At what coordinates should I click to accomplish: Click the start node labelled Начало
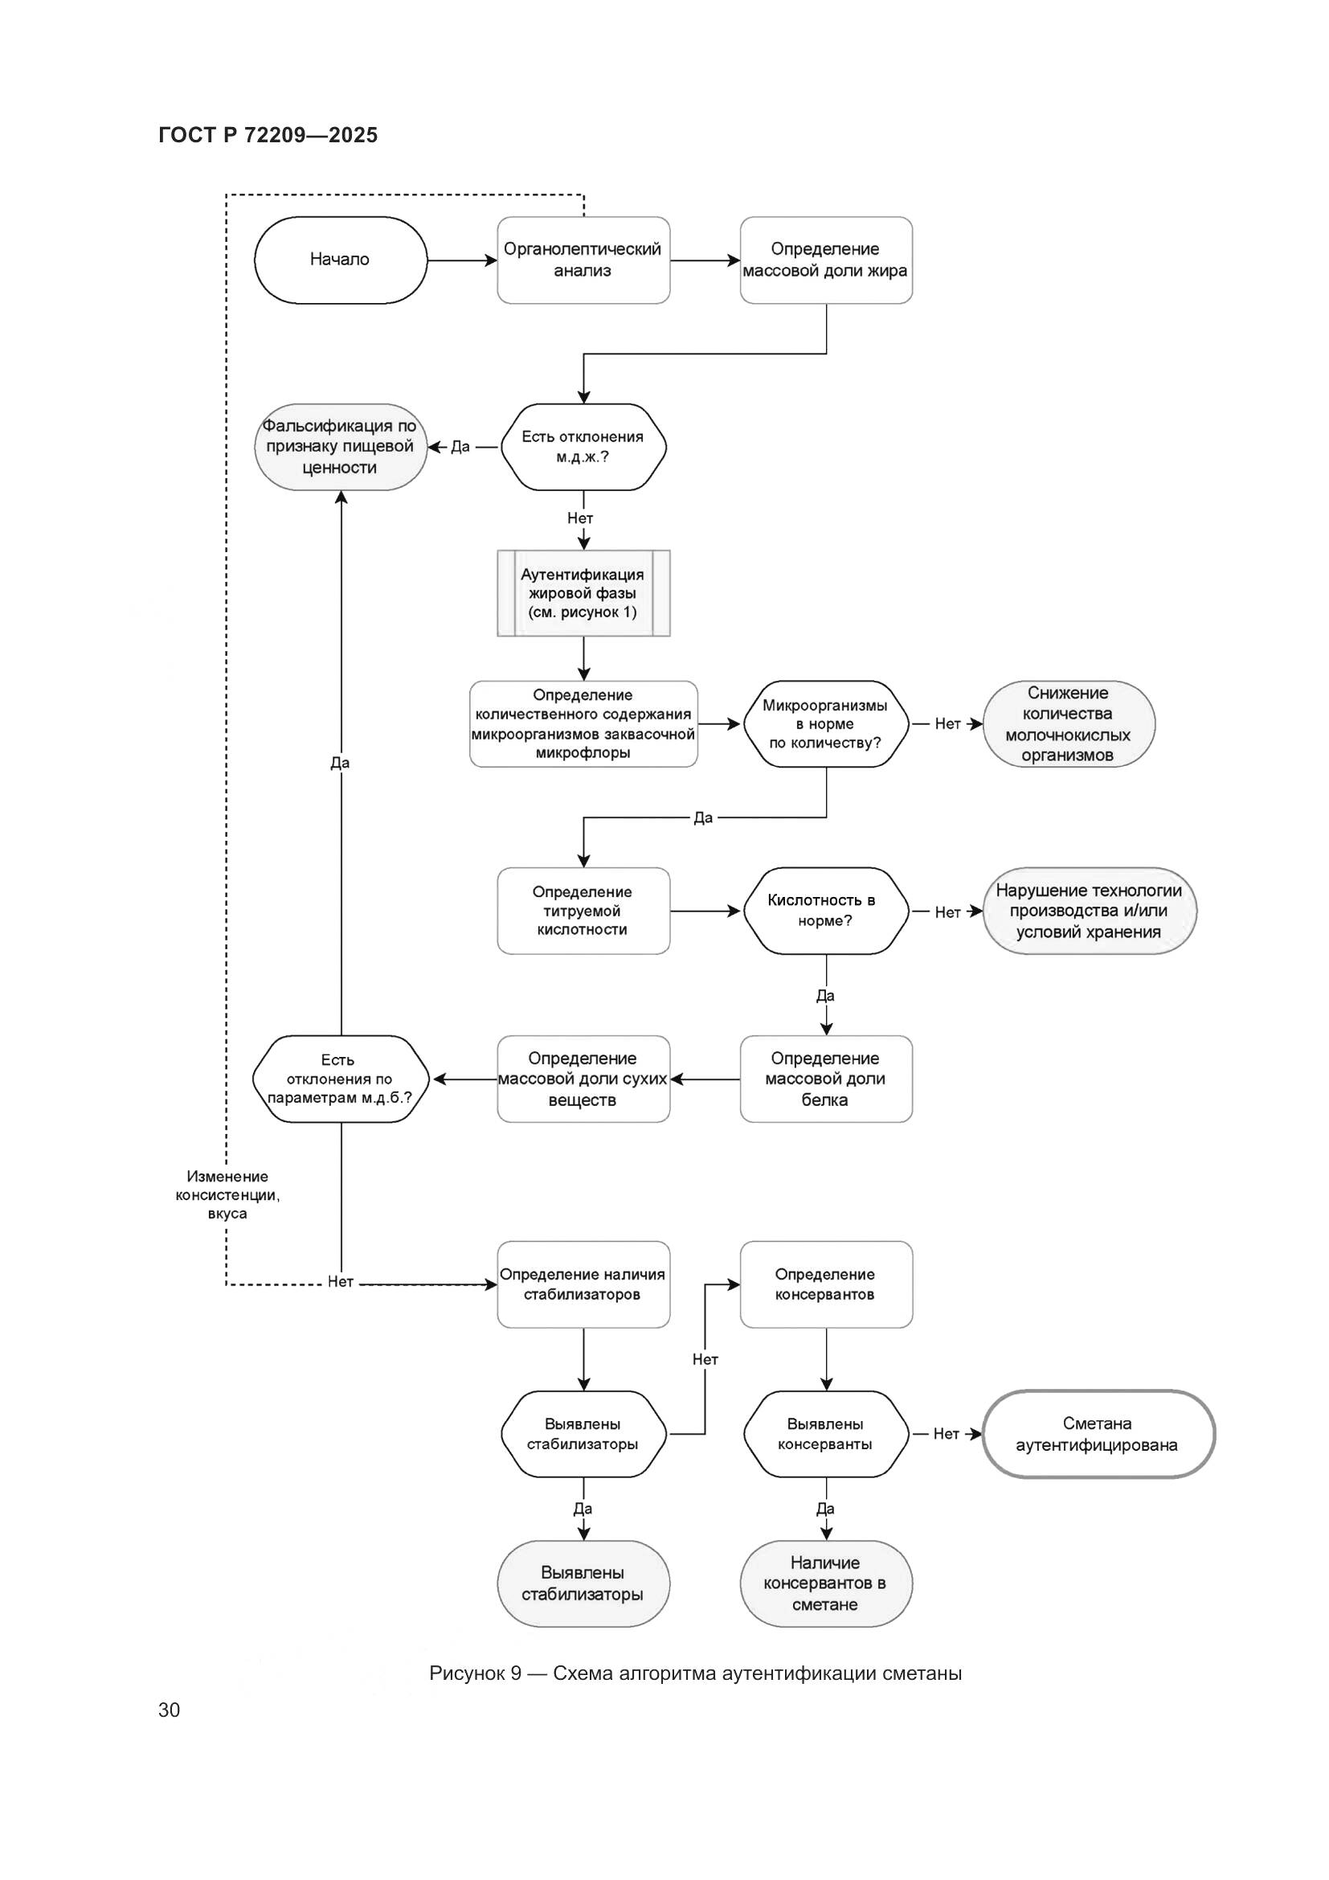tap(341, 260)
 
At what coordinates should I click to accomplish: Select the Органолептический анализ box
tap(583, 260)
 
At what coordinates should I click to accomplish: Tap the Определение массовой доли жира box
tap(826, 260)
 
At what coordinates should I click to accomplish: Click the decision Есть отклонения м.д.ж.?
tap(583, 447)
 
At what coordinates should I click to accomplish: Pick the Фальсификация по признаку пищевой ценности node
tap(341, 447)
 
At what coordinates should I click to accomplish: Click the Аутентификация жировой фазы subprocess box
tap(583, 594)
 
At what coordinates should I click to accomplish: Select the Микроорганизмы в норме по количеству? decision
tap(826, 724)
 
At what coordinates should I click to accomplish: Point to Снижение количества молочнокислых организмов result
tap(1068, 724)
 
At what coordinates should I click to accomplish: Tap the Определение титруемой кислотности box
tap(583, 911)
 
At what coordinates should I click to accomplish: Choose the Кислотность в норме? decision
tap(826, 911)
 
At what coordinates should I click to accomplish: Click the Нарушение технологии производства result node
tap(1089, 911)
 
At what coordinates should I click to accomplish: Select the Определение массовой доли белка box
tap(826, 1079)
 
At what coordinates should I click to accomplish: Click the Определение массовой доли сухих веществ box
tap(583, 1079)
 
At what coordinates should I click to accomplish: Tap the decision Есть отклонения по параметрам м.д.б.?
tap(341, 1079)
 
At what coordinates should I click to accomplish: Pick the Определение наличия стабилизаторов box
tap(583, 1284)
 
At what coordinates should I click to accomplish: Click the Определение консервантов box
tap(826, 1284)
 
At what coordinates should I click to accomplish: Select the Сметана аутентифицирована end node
tap(1098, 1435)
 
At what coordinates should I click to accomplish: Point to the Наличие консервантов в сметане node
tap(826, 1583)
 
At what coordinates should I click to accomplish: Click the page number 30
tap(170, 1710)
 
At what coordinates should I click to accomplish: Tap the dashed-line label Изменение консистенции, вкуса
tap(227, 1194)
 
